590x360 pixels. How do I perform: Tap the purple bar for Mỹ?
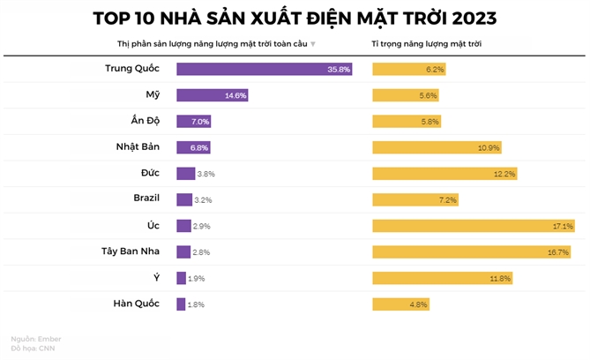207,95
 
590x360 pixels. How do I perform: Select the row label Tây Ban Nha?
131,251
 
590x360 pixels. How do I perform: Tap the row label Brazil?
145,199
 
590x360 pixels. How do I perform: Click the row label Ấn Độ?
145,121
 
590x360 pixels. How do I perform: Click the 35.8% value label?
339,69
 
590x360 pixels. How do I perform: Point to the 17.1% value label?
563,226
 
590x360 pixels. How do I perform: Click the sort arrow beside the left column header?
313,44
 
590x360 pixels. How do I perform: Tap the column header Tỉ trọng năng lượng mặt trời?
426,43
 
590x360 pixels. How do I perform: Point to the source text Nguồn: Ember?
36,338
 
